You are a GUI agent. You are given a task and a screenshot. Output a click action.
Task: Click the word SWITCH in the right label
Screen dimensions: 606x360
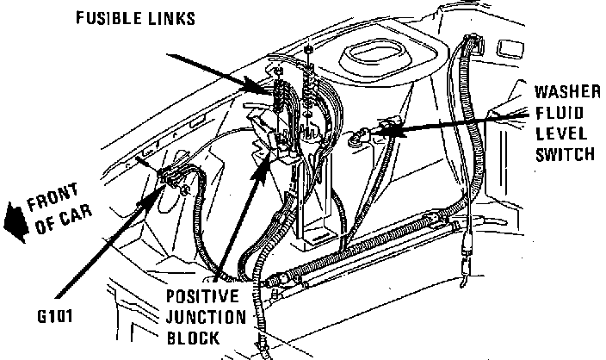point(564,155)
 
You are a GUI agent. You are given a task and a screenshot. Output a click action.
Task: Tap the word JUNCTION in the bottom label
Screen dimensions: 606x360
point(207,318)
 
